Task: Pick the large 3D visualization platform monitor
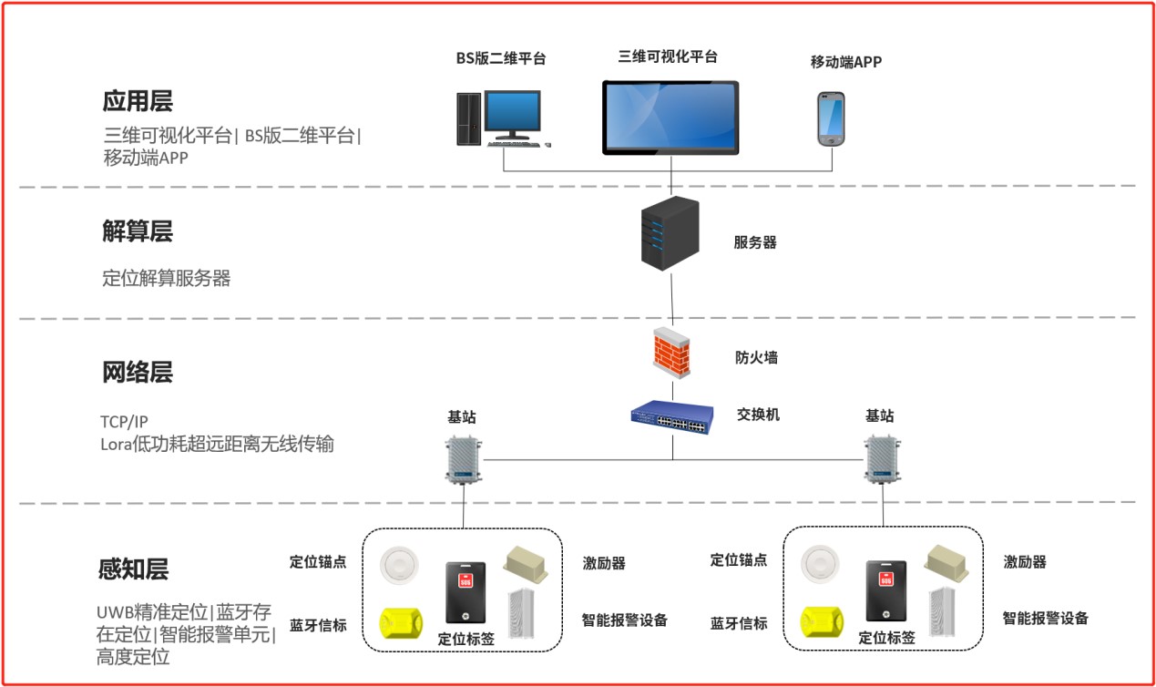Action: click(670, 118)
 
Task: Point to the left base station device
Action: click(463, 459)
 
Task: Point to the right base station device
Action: click(881, 459)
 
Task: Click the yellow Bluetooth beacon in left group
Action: click(404, 624)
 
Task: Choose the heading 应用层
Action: click(137, 100)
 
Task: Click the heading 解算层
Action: click(137, 231)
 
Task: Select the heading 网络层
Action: click(137, 372)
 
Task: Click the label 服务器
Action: click(755, 242)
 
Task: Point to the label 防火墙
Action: click(756, 357)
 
